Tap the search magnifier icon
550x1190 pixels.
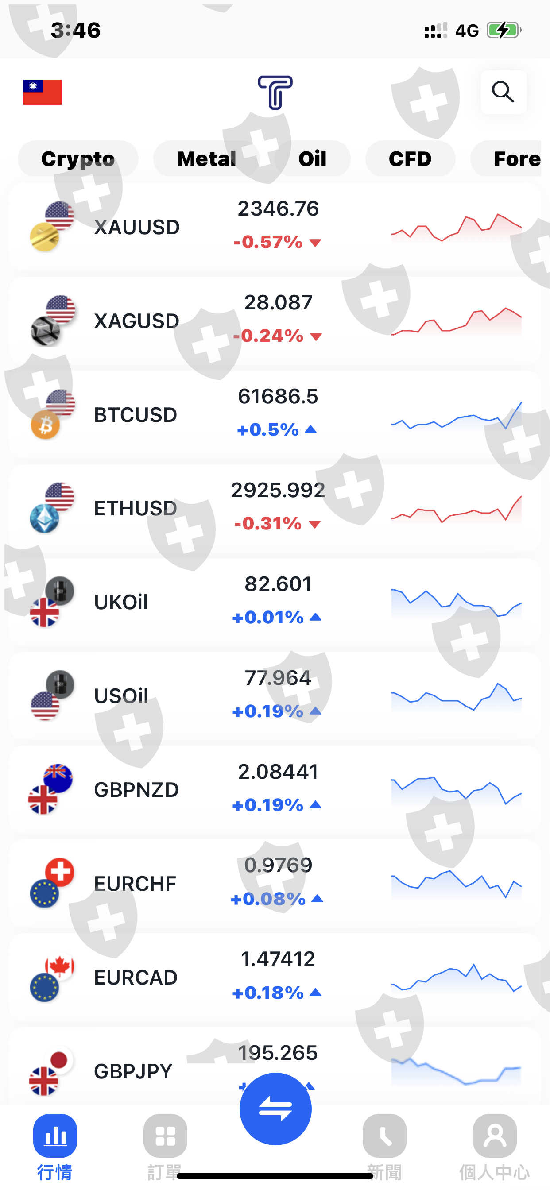[503, 92]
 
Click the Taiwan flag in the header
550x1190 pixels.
[43, 92]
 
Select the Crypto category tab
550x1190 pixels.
[77, 159]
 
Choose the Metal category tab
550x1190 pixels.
[207, 159]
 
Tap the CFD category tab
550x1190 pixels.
[410, 159]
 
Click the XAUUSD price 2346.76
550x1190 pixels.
[278, 209]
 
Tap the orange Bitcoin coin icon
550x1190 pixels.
[45, 425]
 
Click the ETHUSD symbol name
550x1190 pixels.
[136, 508]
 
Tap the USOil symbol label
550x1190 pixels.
[121, 695]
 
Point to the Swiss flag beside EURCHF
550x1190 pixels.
[60, 872]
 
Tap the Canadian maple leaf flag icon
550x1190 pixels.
[60, 966]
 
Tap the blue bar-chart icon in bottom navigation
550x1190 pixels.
[55, 1136]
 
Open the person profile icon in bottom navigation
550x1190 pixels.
[495, 1136]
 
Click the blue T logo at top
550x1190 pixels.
[275, 93]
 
